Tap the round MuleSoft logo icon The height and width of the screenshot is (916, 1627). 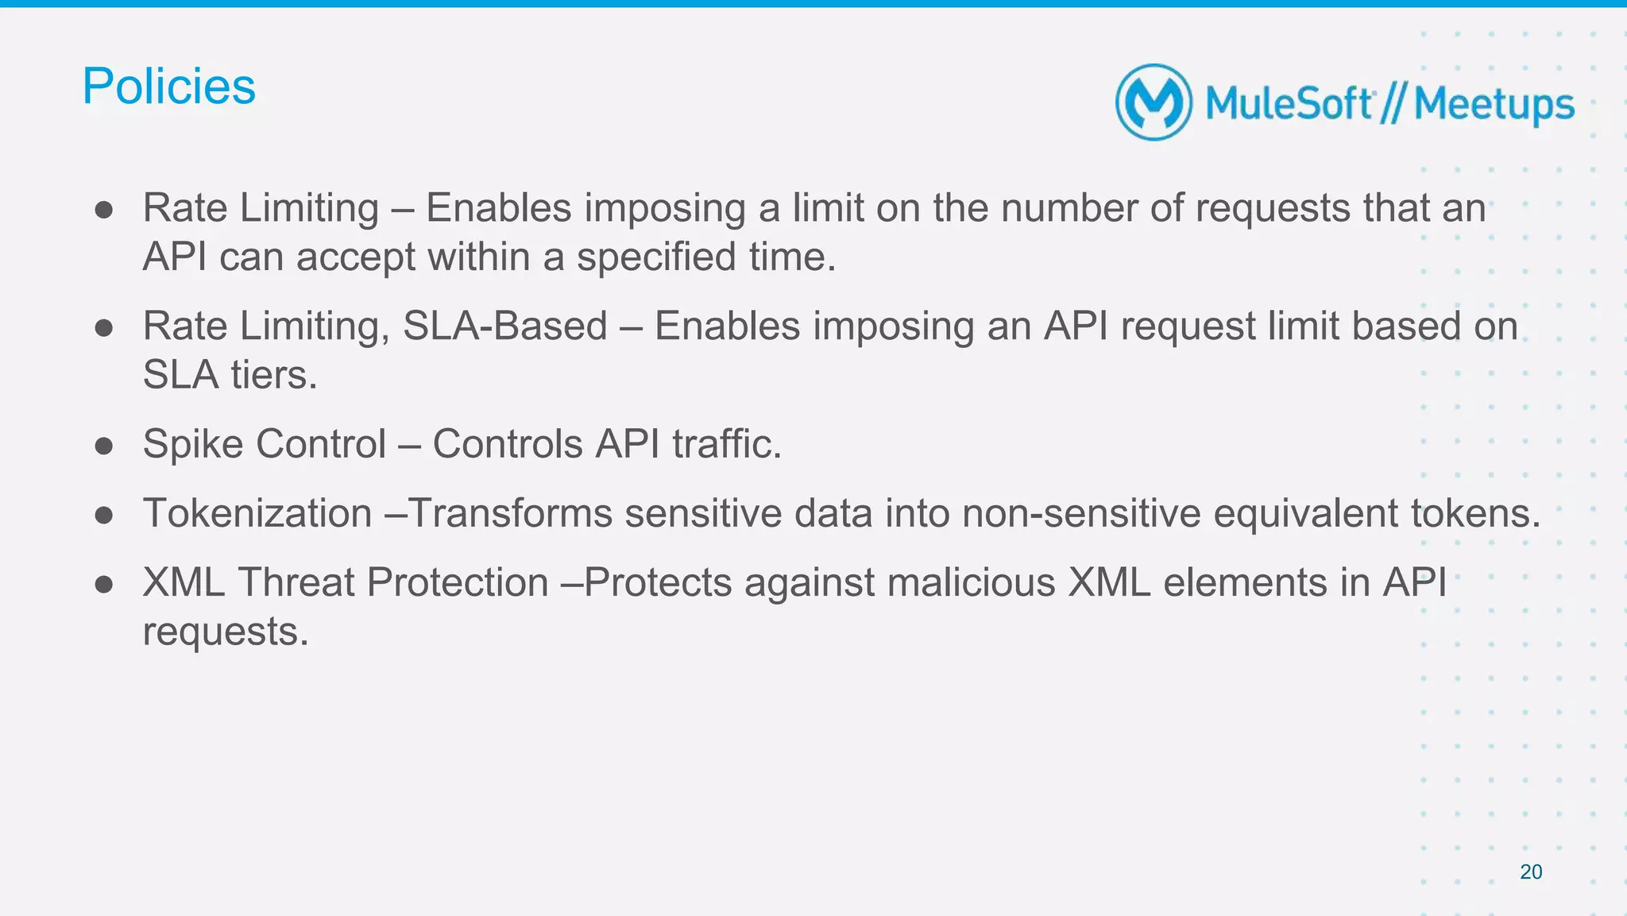pos(1154,102)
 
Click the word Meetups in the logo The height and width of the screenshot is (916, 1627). pos(1494,105)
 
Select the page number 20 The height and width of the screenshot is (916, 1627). pos(1531,872)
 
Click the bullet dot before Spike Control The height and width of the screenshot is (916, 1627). pos(103,445)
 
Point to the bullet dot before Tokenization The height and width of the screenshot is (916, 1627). pos(103,515)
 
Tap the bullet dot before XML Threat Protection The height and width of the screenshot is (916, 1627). pos(103,584)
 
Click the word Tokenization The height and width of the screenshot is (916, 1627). pos(257,512)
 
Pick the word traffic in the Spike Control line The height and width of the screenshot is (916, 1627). pos(727,443)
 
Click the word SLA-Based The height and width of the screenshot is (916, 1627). pos(504,326)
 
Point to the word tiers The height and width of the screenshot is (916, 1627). pos(274,375)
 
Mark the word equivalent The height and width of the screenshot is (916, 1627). pos(1305,512)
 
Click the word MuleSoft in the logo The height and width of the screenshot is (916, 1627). pos(1289,104)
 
